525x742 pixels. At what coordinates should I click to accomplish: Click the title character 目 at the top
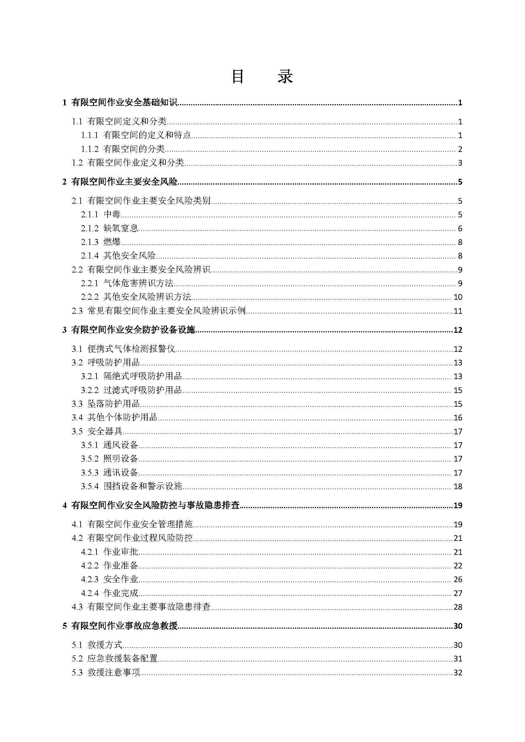click(238, 76)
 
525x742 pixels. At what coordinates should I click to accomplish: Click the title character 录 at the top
click(285, 76)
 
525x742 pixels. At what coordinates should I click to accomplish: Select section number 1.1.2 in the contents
click(90, 149)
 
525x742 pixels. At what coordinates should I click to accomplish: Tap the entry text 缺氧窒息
click(121, 228)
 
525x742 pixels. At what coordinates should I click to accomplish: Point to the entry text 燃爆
click(112, 242)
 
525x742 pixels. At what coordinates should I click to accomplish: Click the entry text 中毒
click(112, 214)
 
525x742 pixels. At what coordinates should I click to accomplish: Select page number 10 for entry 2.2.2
click(458, 297)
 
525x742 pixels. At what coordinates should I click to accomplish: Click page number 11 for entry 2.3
click(458, 311)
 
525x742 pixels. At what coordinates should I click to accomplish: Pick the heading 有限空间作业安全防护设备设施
click(133, 330)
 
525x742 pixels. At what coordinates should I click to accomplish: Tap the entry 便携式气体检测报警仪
click(131, 349)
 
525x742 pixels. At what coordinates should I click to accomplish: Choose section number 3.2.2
click(90, 390)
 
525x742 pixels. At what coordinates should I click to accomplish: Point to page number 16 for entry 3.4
click(458, 417)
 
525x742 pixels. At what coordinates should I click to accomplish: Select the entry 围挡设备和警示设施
click(143, 486)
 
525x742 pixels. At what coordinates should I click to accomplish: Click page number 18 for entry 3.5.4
click(458, 486)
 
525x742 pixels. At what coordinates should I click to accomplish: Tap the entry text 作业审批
click(121, 552)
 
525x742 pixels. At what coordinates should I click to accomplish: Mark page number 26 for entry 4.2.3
click(458, 579)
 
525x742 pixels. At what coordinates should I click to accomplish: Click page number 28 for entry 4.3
click(458, 607)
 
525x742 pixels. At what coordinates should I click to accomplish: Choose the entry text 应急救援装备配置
click(123, 658)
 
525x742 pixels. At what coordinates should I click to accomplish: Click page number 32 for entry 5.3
click(458, 673)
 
